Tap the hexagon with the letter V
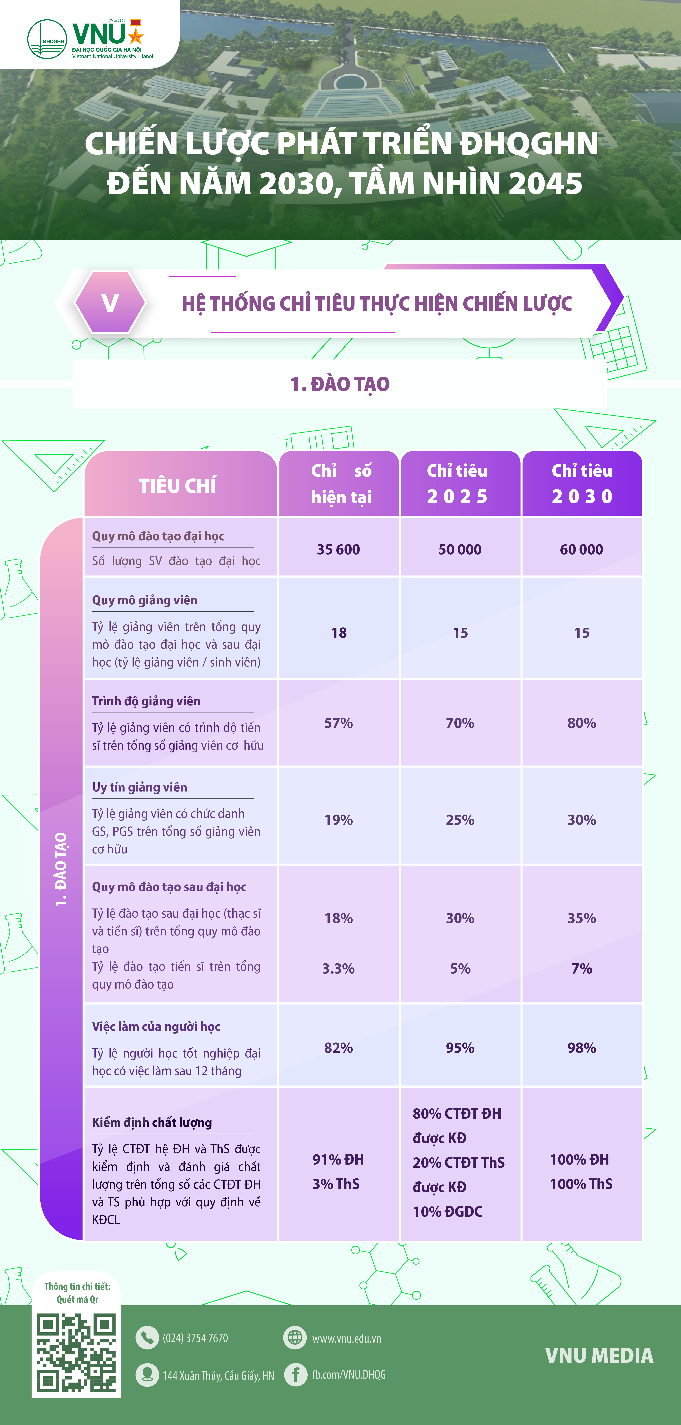coord(110,303)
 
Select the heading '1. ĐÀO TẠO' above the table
coord(340,384)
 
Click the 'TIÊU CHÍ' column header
coord(178,486)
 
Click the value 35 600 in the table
coord(339,549)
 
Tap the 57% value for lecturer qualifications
coord(339,723)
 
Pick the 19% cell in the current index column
coord(339,820)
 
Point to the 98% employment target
coord(582,1048)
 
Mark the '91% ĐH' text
coord(339,1159)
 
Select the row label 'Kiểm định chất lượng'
coord(152,1122)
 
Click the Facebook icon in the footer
coord(295,1375)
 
